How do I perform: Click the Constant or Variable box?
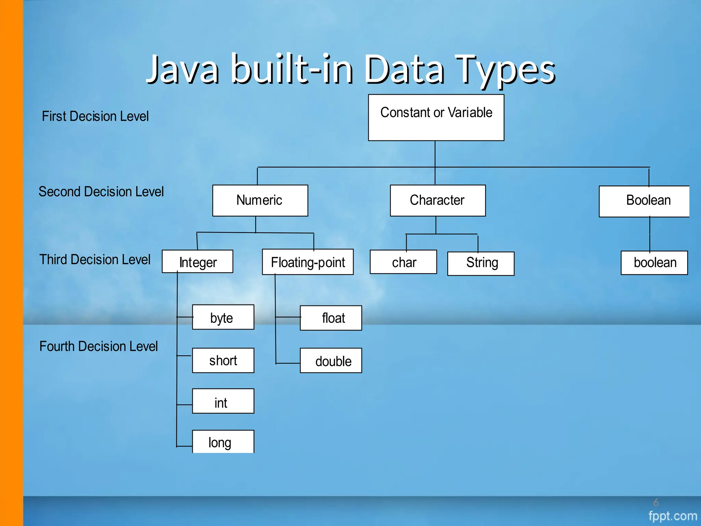pos(436,117)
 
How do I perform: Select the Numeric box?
pos(260,200)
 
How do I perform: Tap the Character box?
pos(437,200)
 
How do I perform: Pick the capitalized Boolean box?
pos(644,201)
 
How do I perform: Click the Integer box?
pos(197,262)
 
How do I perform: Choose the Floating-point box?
pos(307,262)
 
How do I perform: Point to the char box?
pos(403,262)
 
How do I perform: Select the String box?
pos(481,263)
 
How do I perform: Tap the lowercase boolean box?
pos(654,263)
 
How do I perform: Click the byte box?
pos(223,317)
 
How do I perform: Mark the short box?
pos(223,360)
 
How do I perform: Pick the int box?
pos(223,401)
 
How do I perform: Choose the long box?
pos(223,442)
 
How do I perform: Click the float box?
pos(331,318)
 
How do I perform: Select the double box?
pos(331,361)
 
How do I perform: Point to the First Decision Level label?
pos(95,116)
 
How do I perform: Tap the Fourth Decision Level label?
pos(99,346)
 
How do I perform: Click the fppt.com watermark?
pos(672,515)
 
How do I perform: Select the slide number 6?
pos(656,502)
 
